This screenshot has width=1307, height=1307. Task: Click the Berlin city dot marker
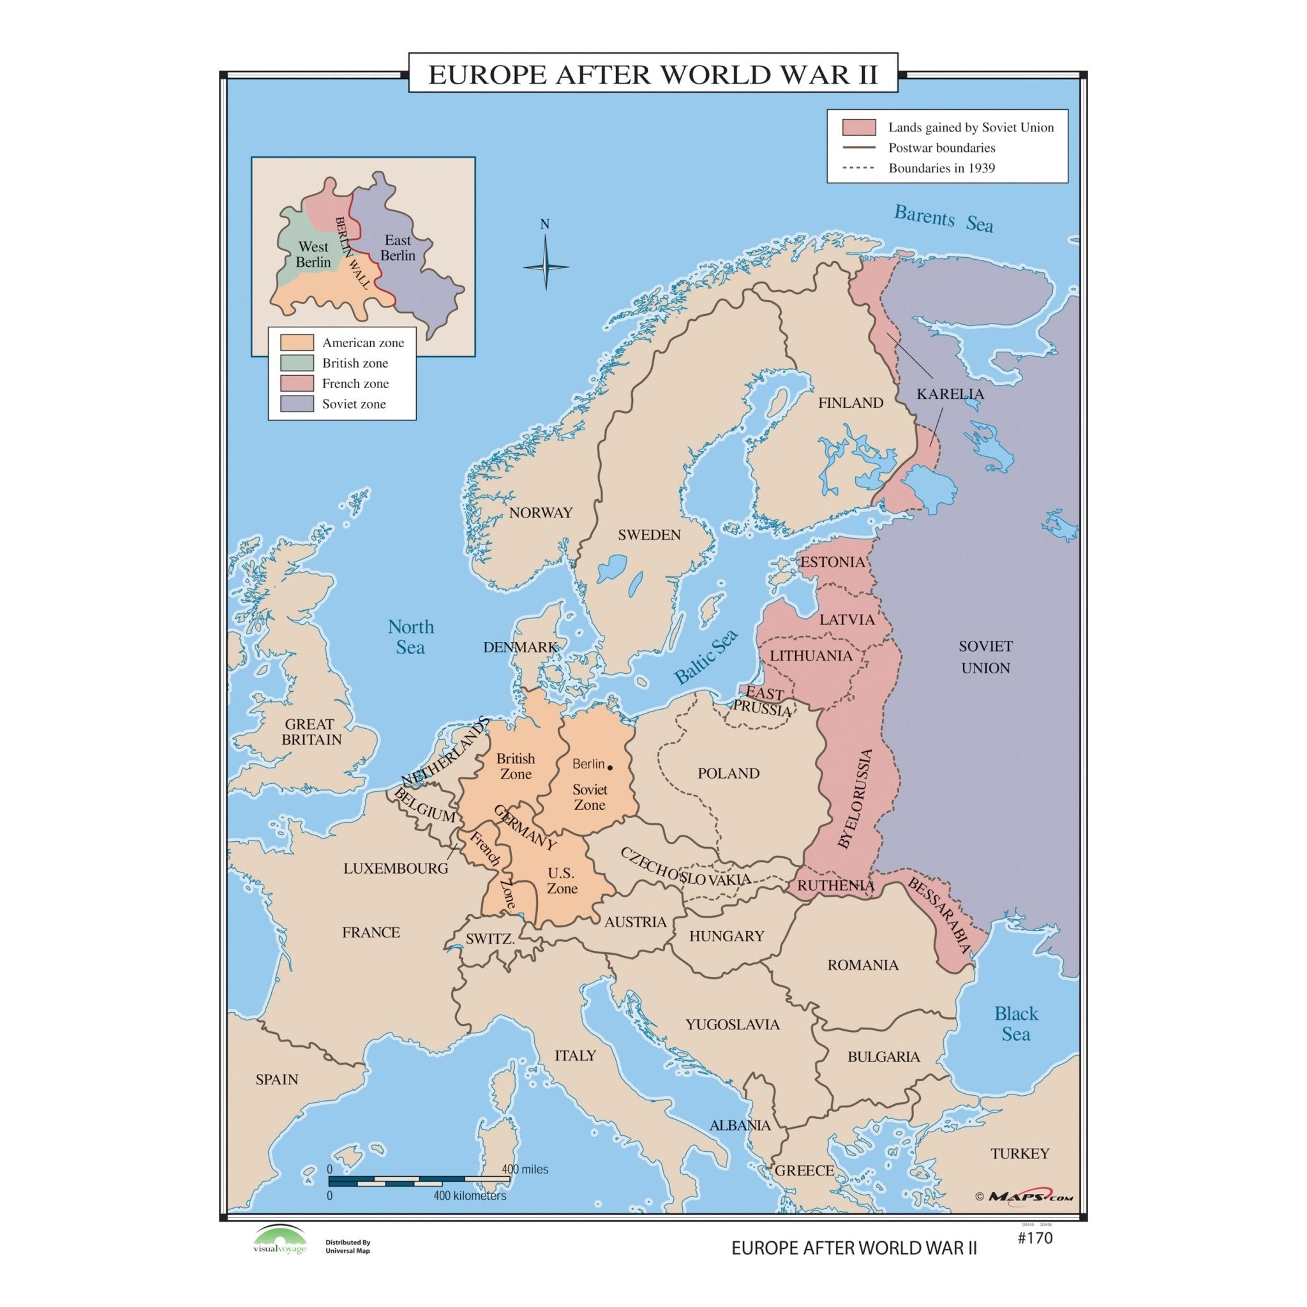point(609,767)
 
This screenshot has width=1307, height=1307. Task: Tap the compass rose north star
point(545,267)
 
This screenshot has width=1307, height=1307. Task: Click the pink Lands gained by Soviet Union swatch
point(858,127)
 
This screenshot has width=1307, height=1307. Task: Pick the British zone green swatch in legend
point(297,363)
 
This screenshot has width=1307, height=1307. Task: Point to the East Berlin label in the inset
point(398,248)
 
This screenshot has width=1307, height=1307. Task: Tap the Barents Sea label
point(943,218)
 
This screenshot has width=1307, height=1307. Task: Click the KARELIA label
point(950,394)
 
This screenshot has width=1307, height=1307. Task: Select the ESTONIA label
point(832,562)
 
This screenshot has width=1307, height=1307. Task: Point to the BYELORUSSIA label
point(855,798)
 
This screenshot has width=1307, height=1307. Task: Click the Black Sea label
point(1015,1023)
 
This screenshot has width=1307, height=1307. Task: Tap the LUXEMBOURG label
point(396,869)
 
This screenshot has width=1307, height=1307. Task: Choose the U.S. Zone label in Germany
point(562,881)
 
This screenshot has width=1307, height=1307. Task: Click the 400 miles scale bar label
point(525,1169)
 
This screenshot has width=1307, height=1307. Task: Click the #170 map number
point(1035,1239)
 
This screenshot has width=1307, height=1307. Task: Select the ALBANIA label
point(740,1125)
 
